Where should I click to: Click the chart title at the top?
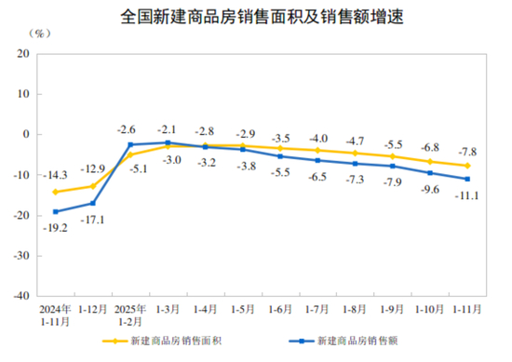tap(255, 17)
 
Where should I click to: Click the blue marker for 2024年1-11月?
tap(55, 212)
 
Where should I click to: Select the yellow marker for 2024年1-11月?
tap(55, 193)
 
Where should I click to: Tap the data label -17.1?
tap(93, 220)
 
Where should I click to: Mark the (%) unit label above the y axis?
tap(41, 33)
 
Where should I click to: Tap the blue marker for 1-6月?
tap(279, 156)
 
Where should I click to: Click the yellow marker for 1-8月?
tap(355, 153)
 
